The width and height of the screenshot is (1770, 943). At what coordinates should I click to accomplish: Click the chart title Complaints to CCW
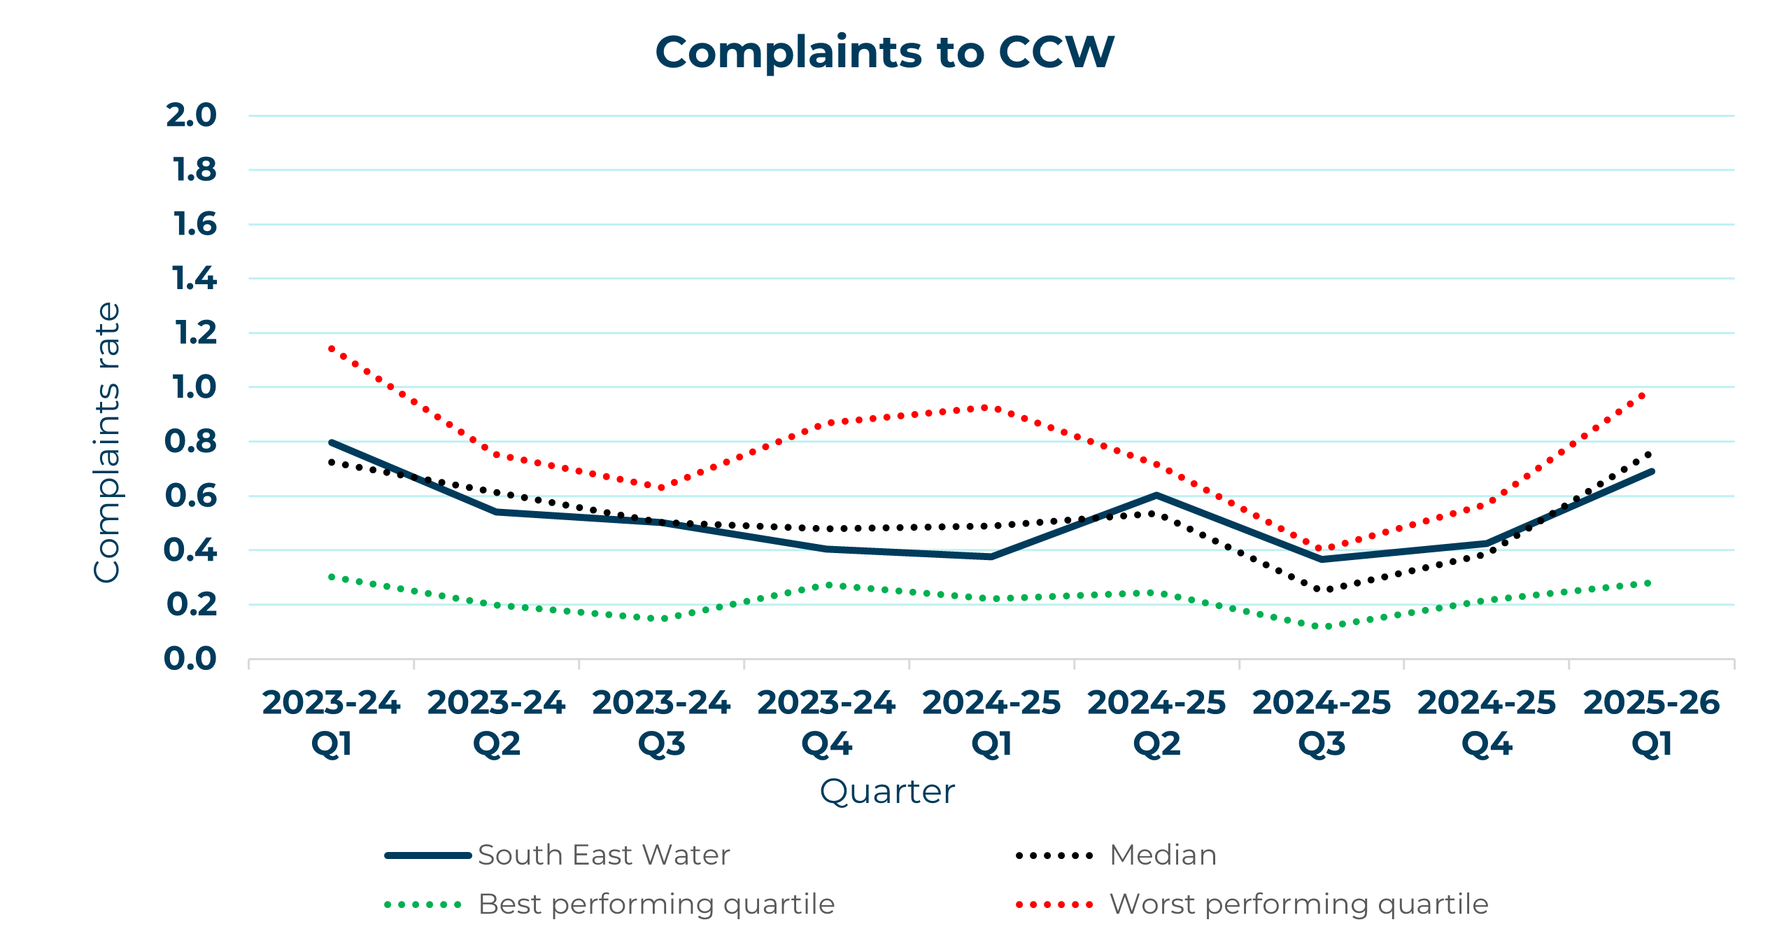pyautogui.click(x=884, y=53)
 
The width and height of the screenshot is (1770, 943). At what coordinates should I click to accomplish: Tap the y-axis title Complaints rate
pyautogui.click(x=107, y=442)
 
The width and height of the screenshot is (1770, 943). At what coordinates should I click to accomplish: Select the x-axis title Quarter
pyautogui.click(x=886, y=792)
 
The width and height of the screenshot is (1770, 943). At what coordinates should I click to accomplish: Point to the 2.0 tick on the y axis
pyautogui.click(x=191, y=116)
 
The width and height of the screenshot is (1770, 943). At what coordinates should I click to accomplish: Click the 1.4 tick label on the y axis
pyautogui.click(x=194, y=279)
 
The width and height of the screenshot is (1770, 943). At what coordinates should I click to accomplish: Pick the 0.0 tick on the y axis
pyautogui.click(x=190, y=659)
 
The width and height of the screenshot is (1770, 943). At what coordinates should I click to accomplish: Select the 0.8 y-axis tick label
pyautogui.click(x=190, y=442)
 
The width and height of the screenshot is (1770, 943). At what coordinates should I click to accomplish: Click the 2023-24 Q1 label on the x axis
pyautogui.click(x=331, y=722)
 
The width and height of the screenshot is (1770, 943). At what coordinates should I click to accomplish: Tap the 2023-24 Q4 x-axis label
pyautogui.click(x=826, y=722)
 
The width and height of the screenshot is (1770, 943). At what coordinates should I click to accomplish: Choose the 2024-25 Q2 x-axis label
pyautogui.click(x=1156, y=722)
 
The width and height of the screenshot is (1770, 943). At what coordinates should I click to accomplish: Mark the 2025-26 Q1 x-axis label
pyautogui.click(x=1652, y=722)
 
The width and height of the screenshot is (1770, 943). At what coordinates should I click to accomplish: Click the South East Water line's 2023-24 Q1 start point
pyautogui.click(x=331, y=442)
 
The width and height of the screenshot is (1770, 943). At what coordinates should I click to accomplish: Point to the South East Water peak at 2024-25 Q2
pyautogui.click(x=1156, y=496)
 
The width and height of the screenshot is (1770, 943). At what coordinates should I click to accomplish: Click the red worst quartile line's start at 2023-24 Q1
pyautogui.click(x=331, y=348)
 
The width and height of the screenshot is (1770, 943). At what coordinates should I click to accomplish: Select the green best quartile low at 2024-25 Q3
pyautogui.click(x=1322, y=626)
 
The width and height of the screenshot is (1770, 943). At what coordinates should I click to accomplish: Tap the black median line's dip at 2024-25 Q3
pyautogui.click(x=1322, y=589)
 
